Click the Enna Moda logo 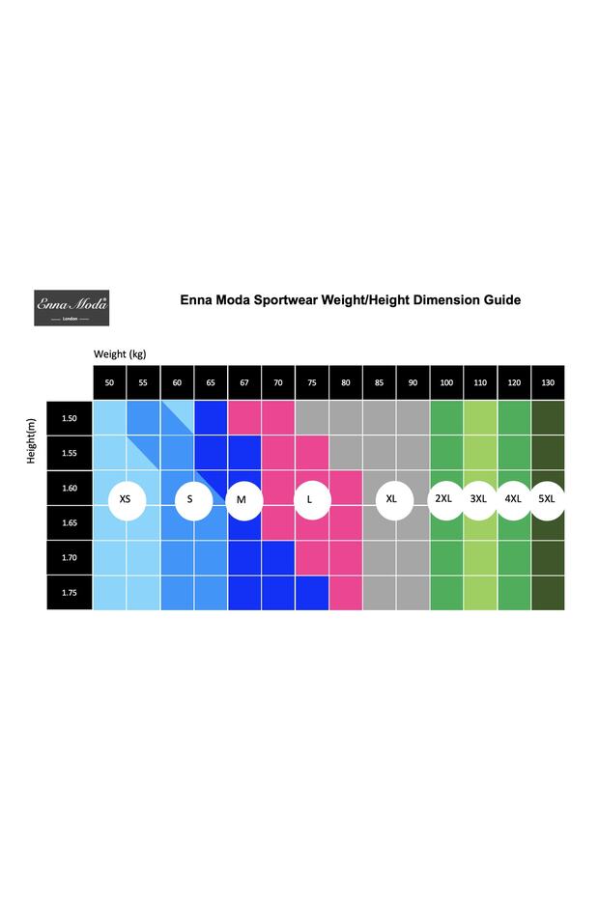tap(71, 307)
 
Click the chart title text tap(350, 300)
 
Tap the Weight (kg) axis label tap(120, 354)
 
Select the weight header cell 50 tap(109, 383)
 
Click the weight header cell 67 tap(243, 383)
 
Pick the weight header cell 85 tap(379, 383)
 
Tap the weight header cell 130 tap(548, 383)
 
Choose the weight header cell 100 tap(446, 383)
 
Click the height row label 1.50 tap(70, 419)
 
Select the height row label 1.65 tap(70, 522)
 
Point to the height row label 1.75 tap(70, 593)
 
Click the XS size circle tap(126, 500)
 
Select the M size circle tap(242, 500)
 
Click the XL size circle tap(392, 500)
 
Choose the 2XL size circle tap(445, 499)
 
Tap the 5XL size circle tap(548, 499)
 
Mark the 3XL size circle tap(479, 499)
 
